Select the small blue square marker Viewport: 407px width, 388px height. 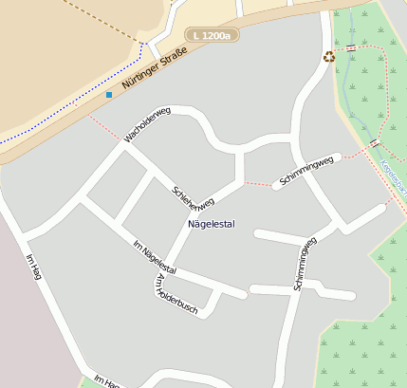pyautogui.click(x=109, y=95)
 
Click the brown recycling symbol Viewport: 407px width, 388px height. pyautogui.click(x=329, y=57)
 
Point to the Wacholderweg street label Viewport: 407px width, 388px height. pyautogui.click(x=146, y=126)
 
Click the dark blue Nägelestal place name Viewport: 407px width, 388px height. pyautogui.click(x=211, y=224)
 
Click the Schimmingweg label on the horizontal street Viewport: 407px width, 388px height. pyautogui.click(x=306, y=170)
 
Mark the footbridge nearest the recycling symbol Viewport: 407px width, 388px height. pyautogui.click(x=352, y=47)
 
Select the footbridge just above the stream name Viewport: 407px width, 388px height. pyautogui.click(x=374, y=143)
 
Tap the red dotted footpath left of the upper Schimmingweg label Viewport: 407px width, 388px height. pyautogui.click(x=258, y=182)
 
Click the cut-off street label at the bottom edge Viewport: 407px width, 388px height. pyautogui.click(x=107, y=381)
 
